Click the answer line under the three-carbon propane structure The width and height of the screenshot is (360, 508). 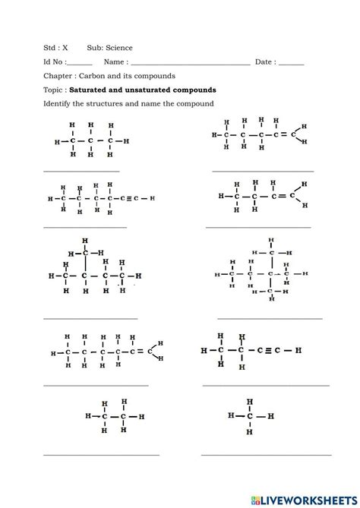coord(81,170)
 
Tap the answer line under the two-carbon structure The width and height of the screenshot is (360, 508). coord(101,454)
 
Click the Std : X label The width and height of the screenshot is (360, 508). coord(55,47)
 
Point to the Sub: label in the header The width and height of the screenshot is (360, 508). coord(86,47)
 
